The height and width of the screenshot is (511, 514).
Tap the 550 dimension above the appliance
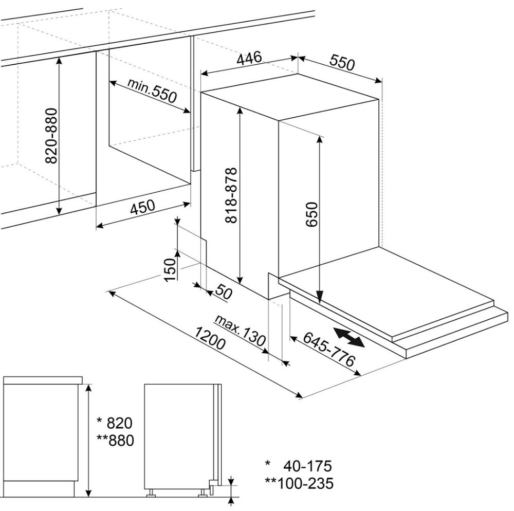(x=342, y=63)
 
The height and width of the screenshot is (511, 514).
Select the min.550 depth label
(x=152, y=90)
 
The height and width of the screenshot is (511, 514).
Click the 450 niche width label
(x=142, y=207)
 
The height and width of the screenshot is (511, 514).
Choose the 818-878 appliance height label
(x=231, y=195)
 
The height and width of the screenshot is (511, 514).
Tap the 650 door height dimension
(x=311, y=214)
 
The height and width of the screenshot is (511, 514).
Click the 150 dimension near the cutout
(x=170, y=270)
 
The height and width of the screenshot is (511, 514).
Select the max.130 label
(x=240, y=331)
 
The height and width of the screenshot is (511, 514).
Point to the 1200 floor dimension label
(x=210, y=338)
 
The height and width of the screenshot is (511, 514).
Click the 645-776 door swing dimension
(x=329, y=349)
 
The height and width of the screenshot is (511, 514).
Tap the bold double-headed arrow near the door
(x=349, y=337)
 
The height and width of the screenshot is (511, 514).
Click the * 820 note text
(x=115, y=423)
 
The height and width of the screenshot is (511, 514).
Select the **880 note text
(x=116, y=441)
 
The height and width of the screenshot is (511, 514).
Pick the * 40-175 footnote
(x=299, y=466)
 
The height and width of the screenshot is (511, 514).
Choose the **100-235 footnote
(x=299, y=483)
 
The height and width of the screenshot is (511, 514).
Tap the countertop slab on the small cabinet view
(x=43, y=380)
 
